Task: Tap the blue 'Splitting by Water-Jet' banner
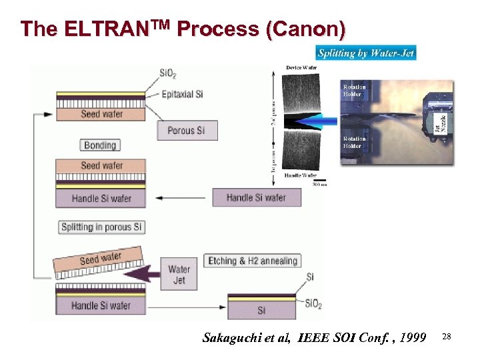click(x=365, y=53)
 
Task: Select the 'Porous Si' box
click(x=187, y=130)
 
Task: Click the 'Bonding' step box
click(x=100, y=145)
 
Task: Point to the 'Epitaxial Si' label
click(x=182, y=94)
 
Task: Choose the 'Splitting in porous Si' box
click(x=101, y=227)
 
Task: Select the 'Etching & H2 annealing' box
click(x=253, y=261)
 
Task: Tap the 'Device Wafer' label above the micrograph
click(x=301, y=67)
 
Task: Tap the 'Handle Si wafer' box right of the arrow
click(x=256, y=197)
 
